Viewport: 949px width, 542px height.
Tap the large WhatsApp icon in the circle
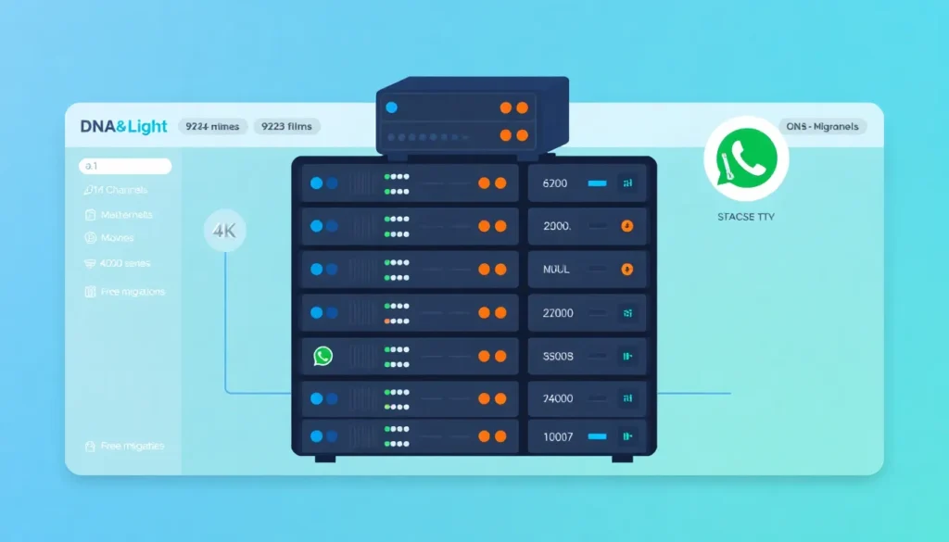click(x=746, y=158)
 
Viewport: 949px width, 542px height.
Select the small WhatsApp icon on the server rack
click(x=323, y=356)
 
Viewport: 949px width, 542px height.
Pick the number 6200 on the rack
click(x=554, y=183)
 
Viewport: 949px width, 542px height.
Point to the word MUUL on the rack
click(x=555, y=270)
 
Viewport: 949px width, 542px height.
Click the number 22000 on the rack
click(x=558, y=313)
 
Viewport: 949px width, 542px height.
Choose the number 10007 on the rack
click(x=558, y=435)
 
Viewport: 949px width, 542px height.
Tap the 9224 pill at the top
click(x=212, y=126)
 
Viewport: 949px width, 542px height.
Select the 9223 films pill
click(x=287, y=126)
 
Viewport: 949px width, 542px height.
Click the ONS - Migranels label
click(x=822, y=126)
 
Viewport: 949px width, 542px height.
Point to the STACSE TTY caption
click(x=745, y=217)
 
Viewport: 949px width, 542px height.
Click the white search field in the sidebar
click(x=125, y=167)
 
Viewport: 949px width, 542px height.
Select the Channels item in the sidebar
click(x=116, y=190)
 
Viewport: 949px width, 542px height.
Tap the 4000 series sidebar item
click(x=118, y=263)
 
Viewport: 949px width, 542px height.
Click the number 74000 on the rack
click(x=558, y=398)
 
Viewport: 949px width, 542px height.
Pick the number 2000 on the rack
click(x=556, y=226)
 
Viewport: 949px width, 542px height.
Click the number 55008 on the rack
click(x=558, y=356)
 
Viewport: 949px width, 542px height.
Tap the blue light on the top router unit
click(x=391, y=107)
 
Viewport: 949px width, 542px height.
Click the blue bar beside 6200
click(x=597, y=183)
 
